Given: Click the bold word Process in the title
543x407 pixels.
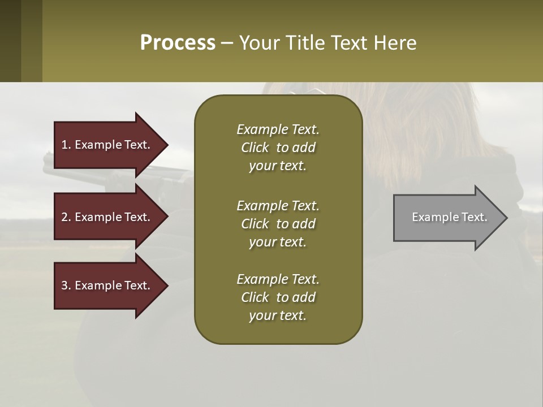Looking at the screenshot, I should (177, 42).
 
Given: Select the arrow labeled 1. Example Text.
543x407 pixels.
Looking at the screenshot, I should (105, 145).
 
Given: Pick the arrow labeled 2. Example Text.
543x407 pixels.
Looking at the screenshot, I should (105, 217).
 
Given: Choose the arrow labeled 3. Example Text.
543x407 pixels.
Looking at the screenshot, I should (105, 285).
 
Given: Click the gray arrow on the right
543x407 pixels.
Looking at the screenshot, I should (447, 218).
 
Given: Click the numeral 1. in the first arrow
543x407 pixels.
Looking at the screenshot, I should (66, 145).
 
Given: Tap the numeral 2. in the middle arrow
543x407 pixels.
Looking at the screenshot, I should (66, 217).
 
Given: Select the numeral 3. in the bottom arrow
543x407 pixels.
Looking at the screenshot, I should (66, 285).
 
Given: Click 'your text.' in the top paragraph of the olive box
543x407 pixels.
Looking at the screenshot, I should (278, 166).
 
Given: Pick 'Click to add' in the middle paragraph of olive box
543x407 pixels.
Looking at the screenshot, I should (278, 224).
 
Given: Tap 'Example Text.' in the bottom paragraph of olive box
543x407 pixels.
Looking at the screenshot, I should (278, 279).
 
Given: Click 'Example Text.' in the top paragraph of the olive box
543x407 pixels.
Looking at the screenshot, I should (278, 129).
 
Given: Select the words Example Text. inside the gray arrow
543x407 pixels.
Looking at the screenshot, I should (450, 217).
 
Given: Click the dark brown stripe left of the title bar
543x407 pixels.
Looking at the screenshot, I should (11, 41).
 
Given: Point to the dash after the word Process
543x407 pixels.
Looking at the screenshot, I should (227, 43).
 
